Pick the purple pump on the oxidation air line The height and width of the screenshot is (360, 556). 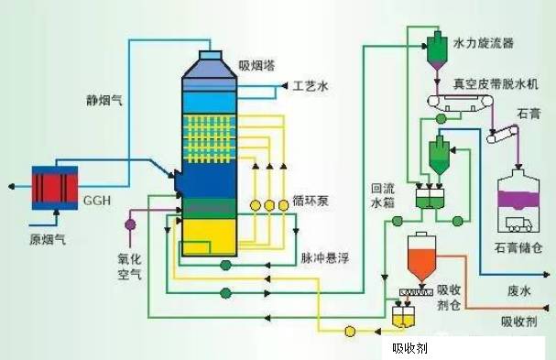click(x=129, y=223)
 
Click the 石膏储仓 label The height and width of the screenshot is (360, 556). click(x=524, y=248)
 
